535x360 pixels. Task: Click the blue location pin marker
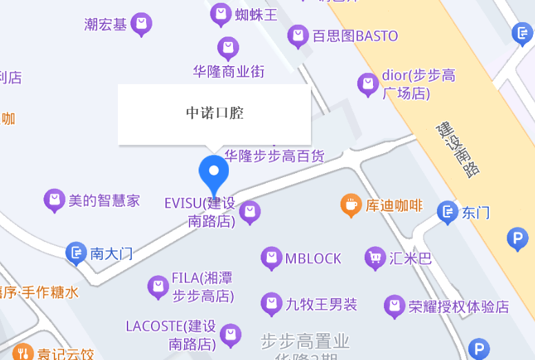[214, 172]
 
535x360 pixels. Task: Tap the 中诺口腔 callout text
[214, 113]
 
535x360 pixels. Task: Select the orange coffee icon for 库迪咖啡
[351, 204]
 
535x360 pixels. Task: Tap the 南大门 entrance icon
[76, 252]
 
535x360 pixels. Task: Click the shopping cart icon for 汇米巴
[375, 258]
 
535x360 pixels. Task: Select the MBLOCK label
[313, 259]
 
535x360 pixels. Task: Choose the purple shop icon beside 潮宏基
[141, 24]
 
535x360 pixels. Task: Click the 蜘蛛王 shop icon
[221, 14]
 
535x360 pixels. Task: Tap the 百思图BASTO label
[355, 36]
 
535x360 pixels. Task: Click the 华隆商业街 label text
[228, 71]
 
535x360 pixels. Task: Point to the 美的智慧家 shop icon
[54, 200]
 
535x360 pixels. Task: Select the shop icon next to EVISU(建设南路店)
[250, 212]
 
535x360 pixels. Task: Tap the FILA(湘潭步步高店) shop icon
[158, 286]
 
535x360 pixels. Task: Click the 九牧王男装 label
[321, 303]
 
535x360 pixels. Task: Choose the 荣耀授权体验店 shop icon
[394, 306]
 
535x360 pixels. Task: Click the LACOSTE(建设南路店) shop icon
[230, 334]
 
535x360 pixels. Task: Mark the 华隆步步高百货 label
[274, 156]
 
